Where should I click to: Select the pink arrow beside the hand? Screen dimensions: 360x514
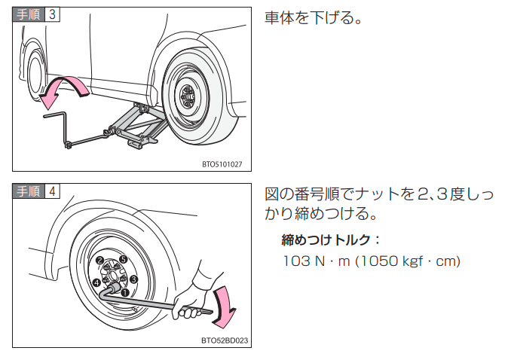(224, 305)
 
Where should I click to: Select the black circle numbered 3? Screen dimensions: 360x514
(133, 279)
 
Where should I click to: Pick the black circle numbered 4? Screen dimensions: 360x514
(96, 282)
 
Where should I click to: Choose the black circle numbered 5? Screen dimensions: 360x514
(123, 260)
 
